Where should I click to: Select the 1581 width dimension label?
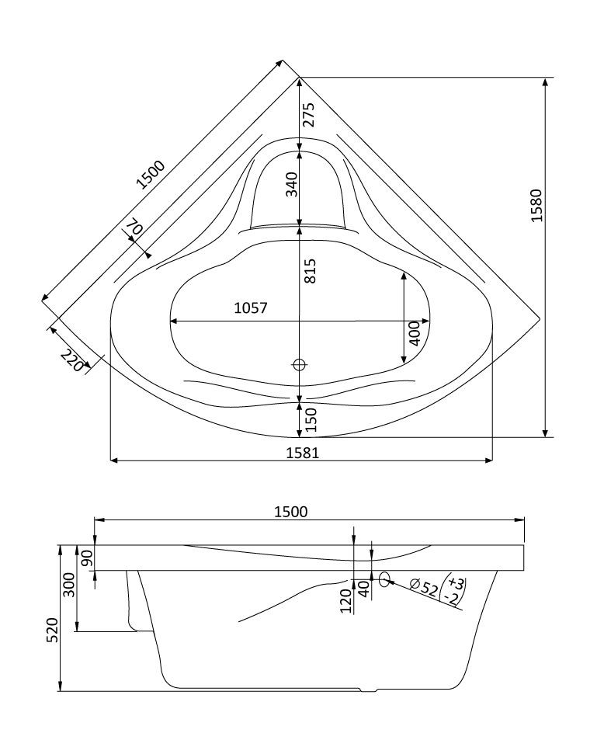pyautogui.click(x=301, y=452)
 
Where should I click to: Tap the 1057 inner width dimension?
pyautogui.click(x=250, y=308)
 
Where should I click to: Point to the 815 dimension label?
pyautogui.click(x=310, y=269)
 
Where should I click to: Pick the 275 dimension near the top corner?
pyautogui.click(x=309, y=115)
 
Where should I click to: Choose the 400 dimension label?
pyautogui.click(x=414, y=334)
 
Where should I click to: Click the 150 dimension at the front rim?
pyautogui.click(x=310, y=420)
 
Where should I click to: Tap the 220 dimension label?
pyautogui.click(x=71, y=360)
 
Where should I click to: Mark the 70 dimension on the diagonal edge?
pyautogui.click(x=134, y=228)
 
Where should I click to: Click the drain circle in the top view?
pyautogui.click(x=300, y=364)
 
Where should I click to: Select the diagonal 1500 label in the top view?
pyautogui.click(x=151, y=175)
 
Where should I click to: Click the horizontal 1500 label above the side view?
pyautogui.click(x=291, y=511)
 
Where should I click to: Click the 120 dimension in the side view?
pyautogui.click(x=345, y=600)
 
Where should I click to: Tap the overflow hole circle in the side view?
pyautogui.click(x=384, y=579)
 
